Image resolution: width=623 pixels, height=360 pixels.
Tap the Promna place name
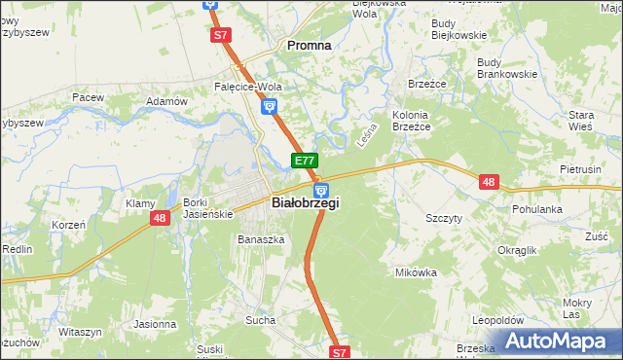(x=308, y=45)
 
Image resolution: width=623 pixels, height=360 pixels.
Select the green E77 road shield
(x=305, y=161)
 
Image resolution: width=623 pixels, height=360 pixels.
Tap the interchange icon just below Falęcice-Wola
(x=270, y=106)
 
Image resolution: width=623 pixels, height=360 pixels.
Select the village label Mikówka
(x=416, y=272)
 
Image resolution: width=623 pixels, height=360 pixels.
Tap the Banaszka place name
(x=261, y=238)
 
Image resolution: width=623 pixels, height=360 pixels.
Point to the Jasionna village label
(x=156, y=324)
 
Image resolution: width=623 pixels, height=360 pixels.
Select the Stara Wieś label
(x=580, y=121)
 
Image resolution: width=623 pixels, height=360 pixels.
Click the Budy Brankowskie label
(x=507, y=68)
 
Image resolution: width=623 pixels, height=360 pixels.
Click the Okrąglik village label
(x=517, y=250)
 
